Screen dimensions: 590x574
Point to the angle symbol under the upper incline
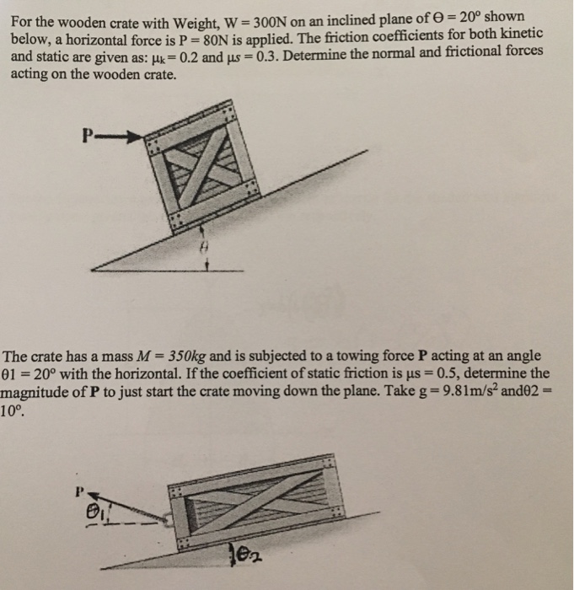203,250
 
